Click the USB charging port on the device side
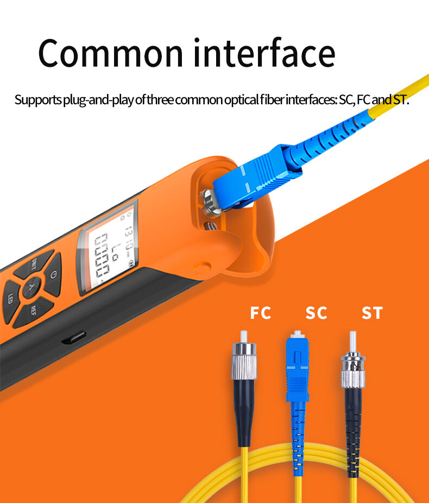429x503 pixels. click(x=70, y=340)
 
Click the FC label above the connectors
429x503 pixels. click(x=260, y=313)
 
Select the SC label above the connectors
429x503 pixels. click(x=316, y=313)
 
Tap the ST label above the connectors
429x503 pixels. click(x=372, y=313)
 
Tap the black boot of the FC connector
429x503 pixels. click(x=244, y=410)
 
